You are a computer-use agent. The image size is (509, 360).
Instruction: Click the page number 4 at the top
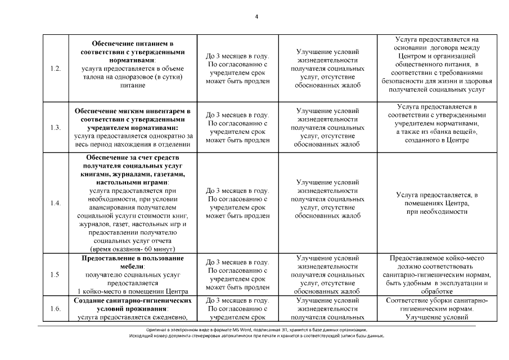pos(256,16)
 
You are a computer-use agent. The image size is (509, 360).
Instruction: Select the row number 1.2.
pos(55,69)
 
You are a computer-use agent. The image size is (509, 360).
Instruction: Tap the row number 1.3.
pos(55,127)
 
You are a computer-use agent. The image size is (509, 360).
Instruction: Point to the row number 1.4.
pos(55,203)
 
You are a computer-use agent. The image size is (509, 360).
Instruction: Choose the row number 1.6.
pos(55,309)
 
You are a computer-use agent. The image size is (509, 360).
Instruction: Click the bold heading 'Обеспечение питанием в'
pos(132,44)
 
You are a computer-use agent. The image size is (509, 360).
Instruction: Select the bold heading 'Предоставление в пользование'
pos(133,258)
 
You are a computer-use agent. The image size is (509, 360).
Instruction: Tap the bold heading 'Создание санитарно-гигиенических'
pos(133,300)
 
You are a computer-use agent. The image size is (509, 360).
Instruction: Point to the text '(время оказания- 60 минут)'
pos(133,249)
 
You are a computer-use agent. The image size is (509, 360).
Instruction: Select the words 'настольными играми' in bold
pos(132,183)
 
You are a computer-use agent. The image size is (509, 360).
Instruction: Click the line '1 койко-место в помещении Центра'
pos(133,291)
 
